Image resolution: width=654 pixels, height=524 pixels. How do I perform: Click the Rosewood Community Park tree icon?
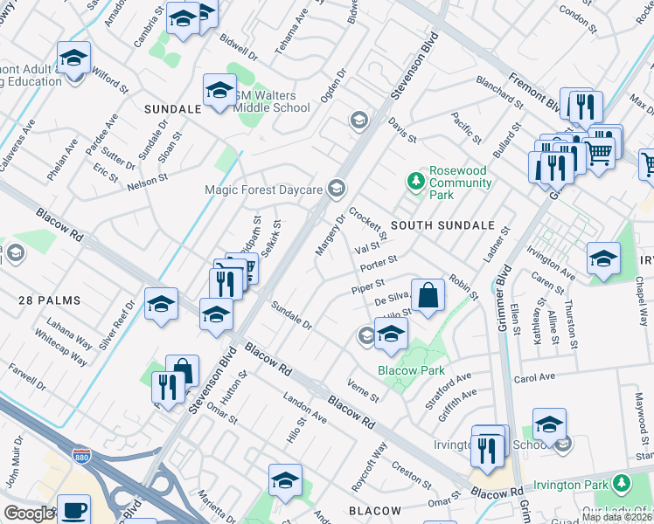416,181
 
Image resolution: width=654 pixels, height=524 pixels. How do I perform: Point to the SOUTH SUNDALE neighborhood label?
442,225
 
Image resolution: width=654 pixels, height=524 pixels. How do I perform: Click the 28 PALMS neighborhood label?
49,300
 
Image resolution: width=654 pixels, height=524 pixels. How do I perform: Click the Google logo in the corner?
29,514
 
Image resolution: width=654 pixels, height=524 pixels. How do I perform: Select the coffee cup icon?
73,508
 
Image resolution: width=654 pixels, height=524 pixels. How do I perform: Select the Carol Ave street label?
560,378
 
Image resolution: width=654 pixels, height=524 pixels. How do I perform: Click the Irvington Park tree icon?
622,483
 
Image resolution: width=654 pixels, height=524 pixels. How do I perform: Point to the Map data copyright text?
616,517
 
